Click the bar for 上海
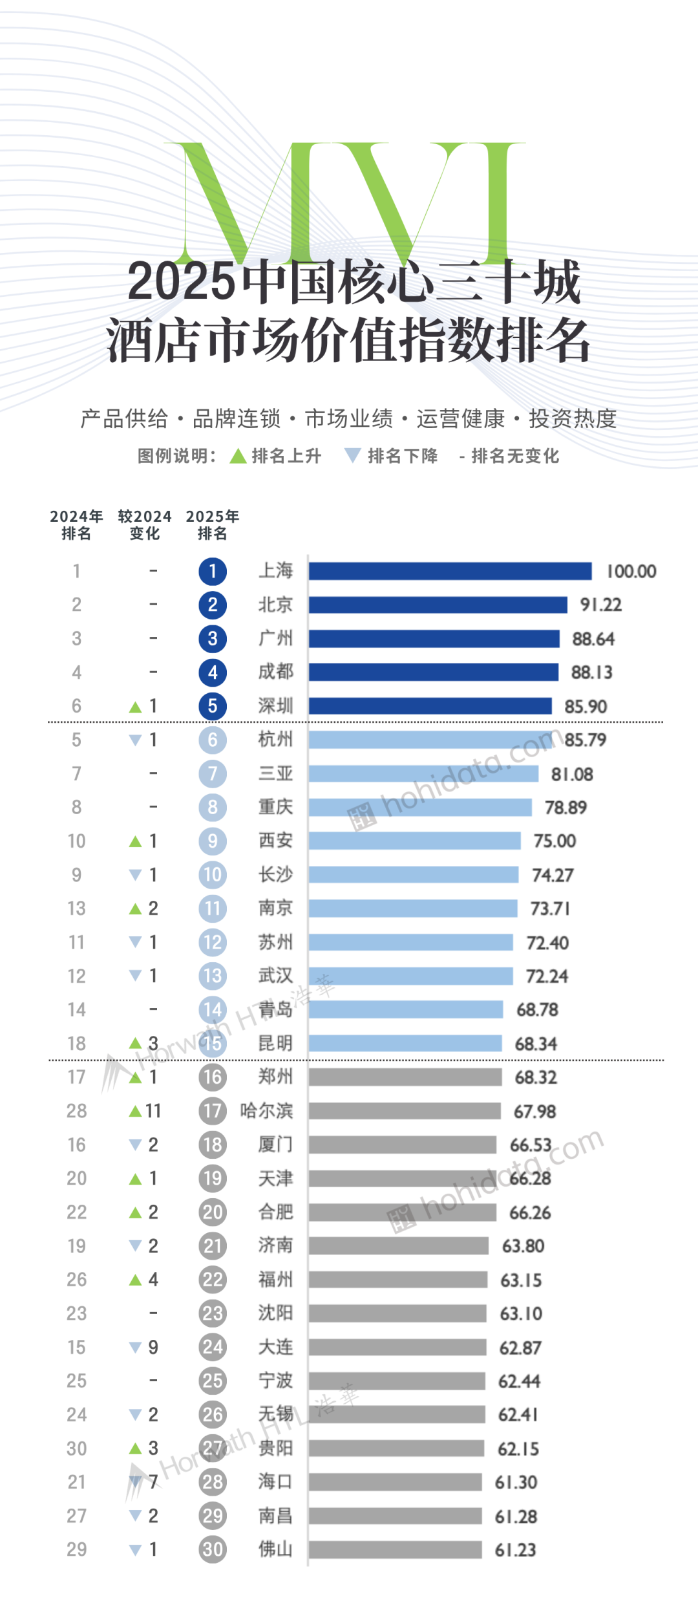[450, 571]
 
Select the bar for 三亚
[423, 773]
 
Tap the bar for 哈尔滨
[405, 1111]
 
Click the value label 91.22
[600, 605]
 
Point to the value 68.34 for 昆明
[536, 1044]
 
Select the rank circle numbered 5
[213, 706]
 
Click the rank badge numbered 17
[213, 1111]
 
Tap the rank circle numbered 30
[213, 1549]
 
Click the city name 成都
[276, 672]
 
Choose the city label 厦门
[276, 1145]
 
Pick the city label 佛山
[276, 1549]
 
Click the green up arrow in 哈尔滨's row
[135, 1111]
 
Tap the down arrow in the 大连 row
[135, 1348]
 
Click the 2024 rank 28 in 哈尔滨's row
[76, 1111]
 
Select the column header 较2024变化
[145, 524]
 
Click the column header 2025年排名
[213, 524]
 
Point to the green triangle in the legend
[238, 456]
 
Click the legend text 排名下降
[403, 456]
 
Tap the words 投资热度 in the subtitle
[573, 418]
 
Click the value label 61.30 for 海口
[516, 1482]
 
